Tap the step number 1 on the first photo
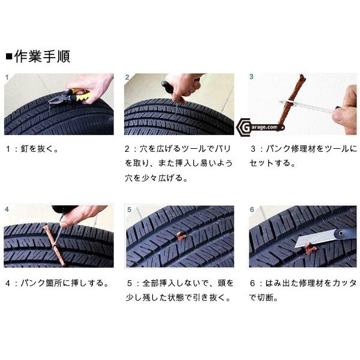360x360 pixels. point(7,77)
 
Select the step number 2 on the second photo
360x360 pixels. point(128,77)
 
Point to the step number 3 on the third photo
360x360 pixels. point(251,77)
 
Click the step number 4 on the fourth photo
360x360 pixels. point(7,209)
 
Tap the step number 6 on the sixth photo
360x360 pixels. point(251,209)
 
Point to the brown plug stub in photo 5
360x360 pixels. point(181,236)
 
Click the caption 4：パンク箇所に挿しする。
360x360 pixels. point(57,283)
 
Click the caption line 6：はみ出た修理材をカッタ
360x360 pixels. point(303,283)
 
